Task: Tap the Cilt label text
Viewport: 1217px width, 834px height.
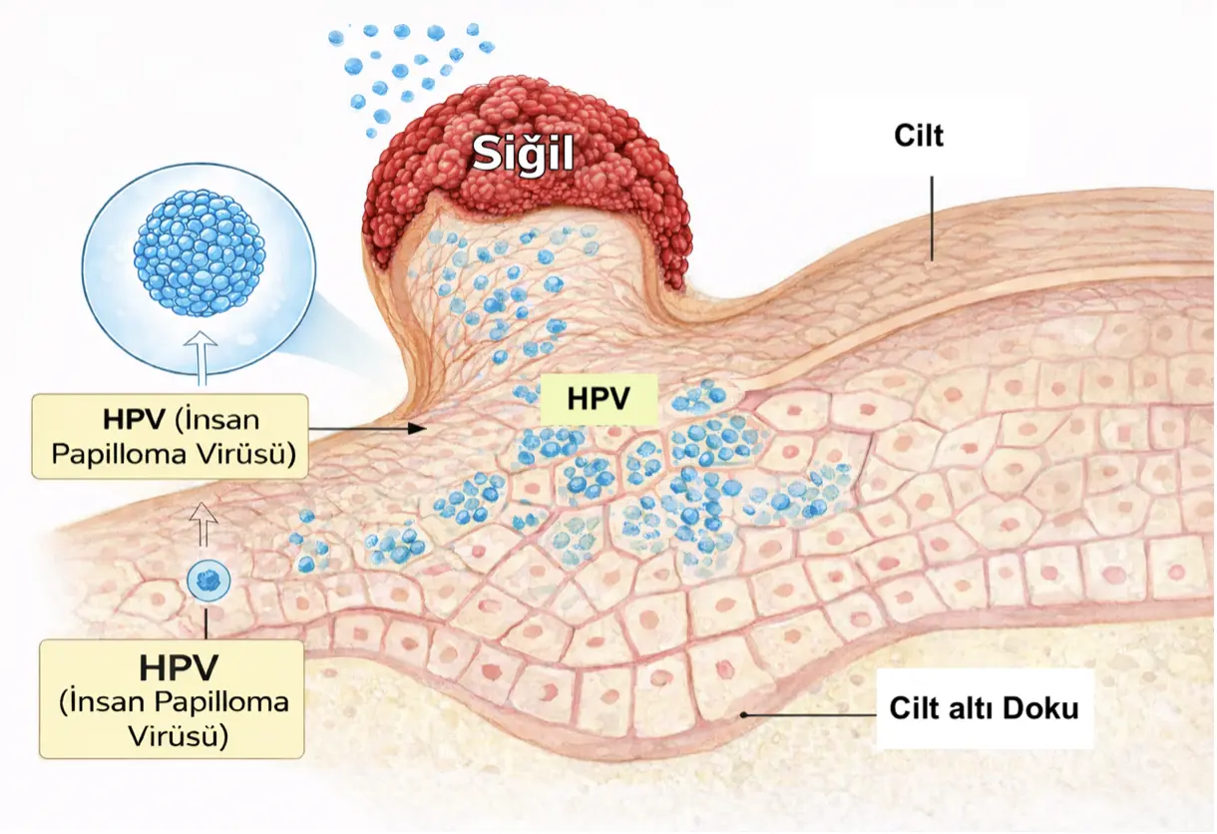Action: (919, 137)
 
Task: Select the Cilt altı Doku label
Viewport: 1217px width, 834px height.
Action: (984, 710)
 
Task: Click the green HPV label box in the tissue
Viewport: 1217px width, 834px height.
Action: (598, 398)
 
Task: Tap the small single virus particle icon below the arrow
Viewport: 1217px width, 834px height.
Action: (208, 580)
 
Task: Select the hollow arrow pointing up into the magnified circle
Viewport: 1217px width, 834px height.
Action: (203, 358)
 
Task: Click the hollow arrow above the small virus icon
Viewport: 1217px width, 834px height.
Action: (203, 525)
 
